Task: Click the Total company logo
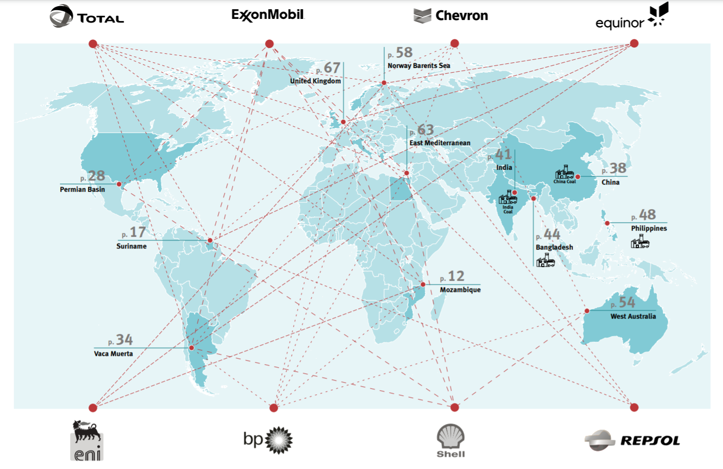[87, 16]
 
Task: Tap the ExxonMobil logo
[268, 15]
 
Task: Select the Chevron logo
[451, 16]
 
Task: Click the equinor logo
[632, 17]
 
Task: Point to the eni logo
[87, 440]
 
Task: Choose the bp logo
[268, 440]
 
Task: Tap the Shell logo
[451, 440]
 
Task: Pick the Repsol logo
[632, 440]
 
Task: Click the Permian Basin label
[82, 190]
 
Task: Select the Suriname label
[132, 247]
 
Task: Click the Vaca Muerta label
[113, 354]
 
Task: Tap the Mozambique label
[460, 290]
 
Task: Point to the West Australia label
[633, 317]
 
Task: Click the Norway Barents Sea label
[419, 66]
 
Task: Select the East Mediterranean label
[440, 143]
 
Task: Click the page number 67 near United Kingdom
[332, 68]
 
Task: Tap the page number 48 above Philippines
[647, 215]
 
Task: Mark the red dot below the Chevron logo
[454, 43]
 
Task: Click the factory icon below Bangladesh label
[545, 261]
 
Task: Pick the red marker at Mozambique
[423, 284]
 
